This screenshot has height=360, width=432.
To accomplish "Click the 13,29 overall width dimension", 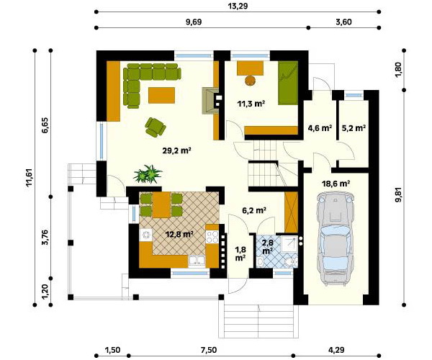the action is (x=238, y=6).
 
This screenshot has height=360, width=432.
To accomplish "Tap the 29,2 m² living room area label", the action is (x=177, y=150).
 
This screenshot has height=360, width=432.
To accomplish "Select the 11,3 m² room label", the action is (x=251, y=104).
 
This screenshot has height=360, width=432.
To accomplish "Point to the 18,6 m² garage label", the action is (x=336, y=184).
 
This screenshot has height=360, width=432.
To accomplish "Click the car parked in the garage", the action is (x=335, y=238).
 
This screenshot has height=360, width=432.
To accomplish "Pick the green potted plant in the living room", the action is (x=148, y=174).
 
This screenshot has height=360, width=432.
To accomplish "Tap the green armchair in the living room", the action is (x=155, y=127).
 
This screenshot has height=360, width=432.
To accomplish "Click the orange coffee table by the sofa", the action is (x=161, y=95).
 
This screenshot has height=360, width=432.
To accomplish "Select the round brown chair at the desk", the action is (x=250, y=81).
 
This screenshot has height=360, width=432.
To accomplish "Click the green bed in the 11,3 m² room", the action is (x=288, y=83).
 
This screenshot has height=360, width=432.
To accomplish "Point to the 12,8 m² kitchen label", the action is (x=179, y=235).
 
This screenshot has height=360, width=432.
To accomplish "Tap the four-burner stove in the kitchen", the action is (x=212, y=237).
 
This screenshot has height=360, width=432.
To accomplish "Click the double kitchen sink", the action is (x=197, y=261).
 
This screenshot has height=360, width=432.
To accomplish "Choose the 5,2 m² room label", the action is (x=354, y=128).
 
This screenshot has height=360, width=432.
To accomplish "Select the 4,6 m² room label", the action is (x=320, y=128).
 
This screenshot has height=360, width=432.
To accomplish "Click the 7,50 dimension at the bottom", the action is (x=209, y=350).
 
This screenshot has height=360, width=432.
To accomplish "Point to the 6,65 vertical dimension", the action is (x=45, y=125).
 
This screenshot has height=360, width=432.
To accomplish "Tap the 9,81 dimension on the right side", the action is (x=398, y=194).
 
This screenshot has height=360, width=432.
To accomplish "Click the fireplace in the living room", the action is (x=211, y=101).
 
